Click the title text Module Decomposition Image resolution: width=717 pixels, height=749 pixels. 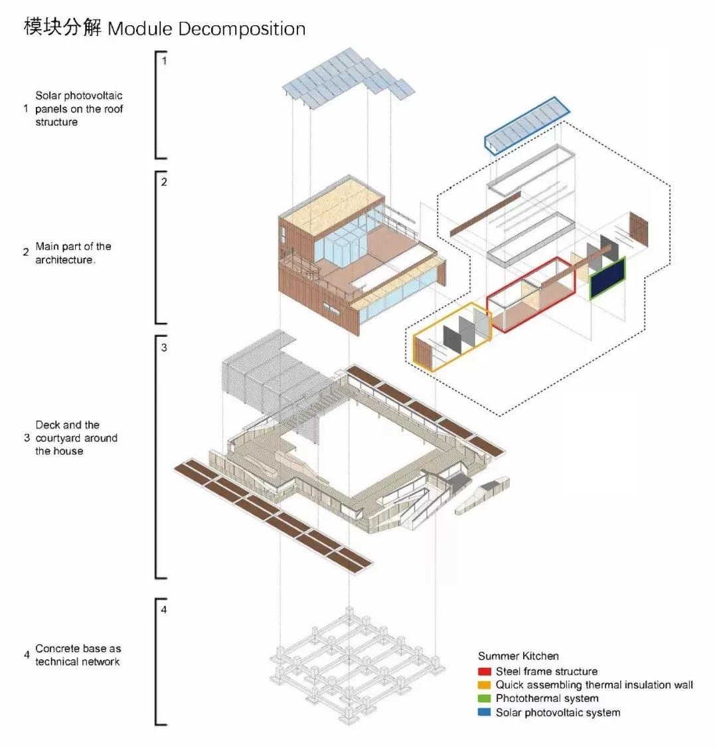pyautogui.click(x=206, y=29)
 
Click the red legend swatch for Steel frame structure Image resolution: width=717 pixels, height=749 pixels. pyautogui.click(x=484, y=671)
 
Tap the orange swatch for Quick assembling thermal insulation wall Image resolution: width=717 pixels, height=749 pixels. pyautogui.click(x=484, y=685)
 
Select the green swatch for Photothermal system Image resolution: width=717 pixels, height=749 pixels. pyautogui.click(x=484, y=698)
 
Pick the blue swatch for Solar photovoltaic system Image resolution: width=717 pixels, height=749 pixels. pyautogui.click(x=484, y=712)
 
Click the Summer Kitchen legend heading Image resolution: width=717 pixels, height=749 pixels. pyautogui.click(x=518, y=656)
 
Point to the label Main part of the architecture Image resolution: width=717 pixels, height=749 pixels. pyautogui.click(x=73, y=253)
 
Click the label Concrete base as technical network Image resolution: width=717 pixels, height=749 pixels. pyautogui.click(x=78, y=655)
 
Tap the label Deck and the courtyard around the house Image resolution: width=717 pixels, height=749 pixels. pyautogui.click(x=76, y=438)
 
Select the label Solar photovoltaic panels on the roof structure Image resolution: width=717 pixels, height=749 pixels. pyautogui.click(x=79, y=109)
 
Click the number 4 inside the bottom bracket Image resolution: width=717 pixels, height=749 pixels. pyautogui.click(x=164, y=609)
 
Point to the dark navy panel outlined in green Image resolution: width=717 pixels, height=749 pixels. pyautogui.click(x=607, y=280)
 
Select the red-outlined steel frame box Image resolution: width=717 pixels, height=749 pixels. pyautogui.click(x=530, y=296)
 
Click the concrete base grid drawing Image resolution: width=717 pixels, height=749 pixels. pyautogui.click(x=355, y=665)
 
